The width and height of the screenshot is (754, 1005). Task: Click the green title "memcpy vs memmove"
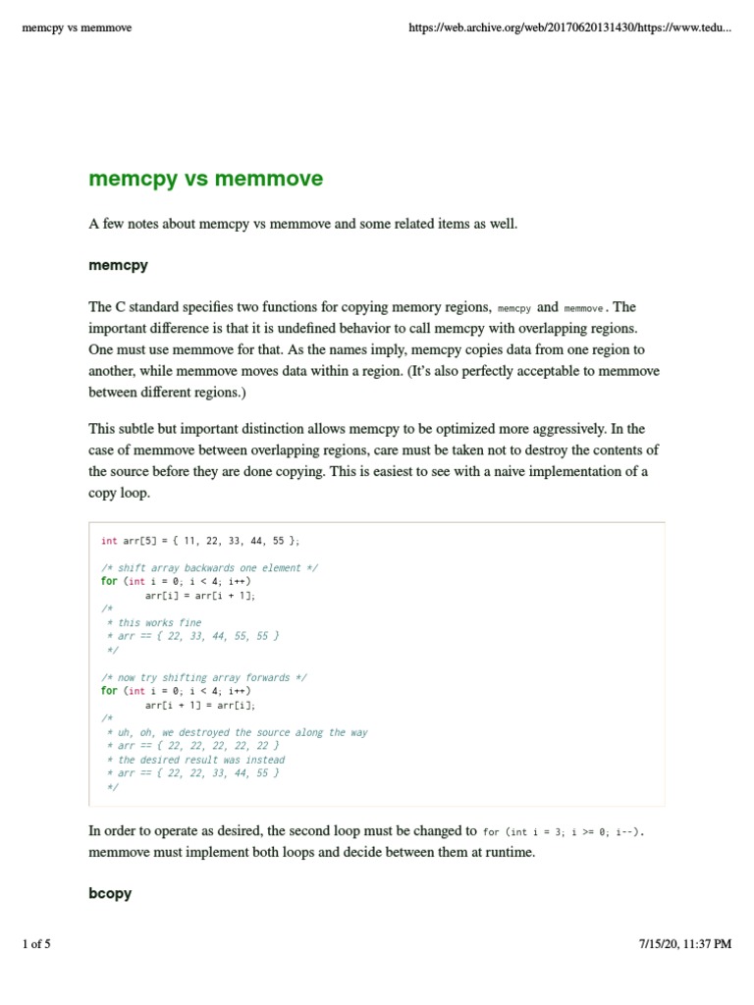coord(205,179)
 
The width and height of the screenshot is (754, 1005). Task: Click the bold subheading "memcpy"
coord(118,265)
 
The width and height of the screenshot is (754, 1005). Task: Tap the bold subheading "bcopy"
coord(110,893)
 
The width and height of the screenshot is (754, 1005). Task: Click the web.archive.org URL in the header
coord(569,27)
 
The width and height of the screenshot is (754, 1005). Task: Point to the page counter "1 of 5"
coord(36,944)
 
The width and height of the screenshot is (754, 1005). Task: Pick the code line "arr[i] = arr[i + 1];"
coord(206,595)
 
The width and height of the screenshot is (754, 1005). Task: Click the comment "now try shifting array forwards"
coord(209,677)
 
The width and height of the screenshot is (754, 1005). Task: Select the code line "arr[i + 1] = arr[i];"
coord(206,705)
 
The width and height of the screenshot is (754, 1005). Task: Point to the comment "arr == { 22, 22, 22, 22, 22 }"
coord(197,746)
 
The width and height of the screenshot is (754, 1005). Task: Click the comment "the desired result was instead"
coord(200,760)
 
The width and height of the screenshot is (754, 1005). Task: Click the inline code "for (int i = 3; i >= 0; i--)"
coord(563,831)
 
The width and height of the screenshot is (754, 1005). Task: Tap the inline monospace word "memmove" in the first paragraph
coord(586,308)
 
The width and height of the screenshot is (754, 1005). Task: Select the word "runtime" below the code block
coord(510,852)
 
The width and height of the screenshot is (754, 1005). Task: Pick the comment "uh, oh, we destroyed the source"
coord(242,732)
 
